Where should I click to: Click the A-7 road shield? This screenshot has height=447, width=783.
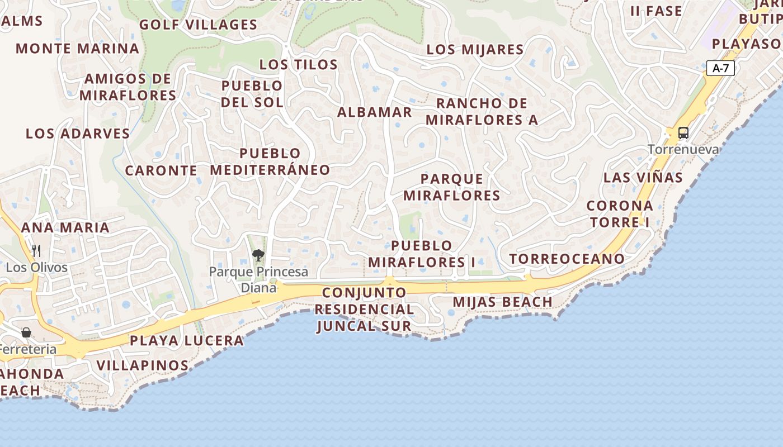pyautogui.click(x=720, y=68)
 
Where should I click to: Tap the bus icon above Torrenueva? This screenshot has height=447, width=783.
pyautogui.click(x=683, y=133)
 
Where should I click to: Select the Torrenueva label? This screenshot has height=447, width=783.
pyautogui.click(x=683, y=149)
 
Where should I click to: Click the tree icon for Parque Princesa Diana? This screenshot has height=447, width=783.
pyautogui.click(x=258, y=255)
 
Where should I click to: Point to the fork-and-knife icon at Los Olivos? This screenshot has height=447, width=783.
pyautogui.click(x=36, y=250)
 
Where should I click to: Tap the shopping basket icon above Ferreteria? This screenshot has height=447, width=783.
pyautogui.click(x=26, y=332)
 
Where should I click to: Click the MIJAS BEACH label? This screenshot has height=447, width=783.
pyautogui.click(x=502, y=302)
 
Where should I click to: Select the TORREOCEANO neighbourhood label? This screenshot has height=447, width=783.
pyautogui.click(x=567, y=259)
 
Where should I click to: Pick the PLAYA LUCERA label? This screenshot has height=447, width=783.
pyautogui.click(x=187, y=340)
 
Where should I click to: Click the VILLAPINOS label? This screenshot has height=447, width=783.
pyautogui.click(x=143, y=365)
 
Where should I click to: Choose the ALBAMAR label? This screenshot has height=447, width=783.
pyautogui.click(x=374, y=112)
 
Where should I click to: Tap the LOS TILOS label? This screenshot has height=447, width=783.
pyautogui.click(x=299, y=64)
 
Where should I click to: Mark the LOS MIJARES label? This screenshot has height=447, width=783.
pyautogui.click(x=475, y=49)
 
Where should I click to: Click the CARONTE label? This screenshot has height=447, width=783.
pyautogui.click(x=161, y=170)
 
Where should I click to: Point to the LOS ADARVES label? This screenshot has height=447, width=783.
pyautogui.click(x=78, y=134)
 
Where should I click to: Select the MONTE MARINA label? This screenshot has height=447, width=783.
pyautogui.click(x=77, y=48)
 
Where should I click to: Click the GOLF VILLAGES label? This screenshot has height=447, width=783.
pyautogui.click(x=198, y=25)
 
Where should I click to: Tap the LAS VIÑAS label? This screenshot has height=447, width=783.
pyautogui.click(x=643, y=178)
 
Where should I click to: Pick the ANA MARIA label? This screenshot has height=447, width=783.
pyautogui.click(x=65, y=227)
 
